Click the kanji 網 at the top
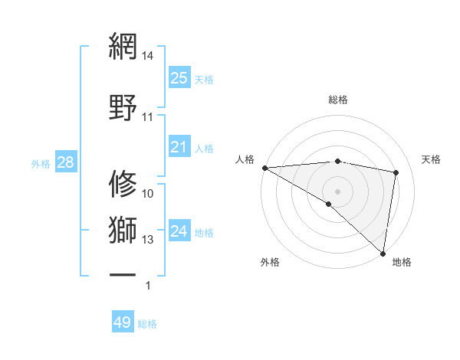pyautogui.click(x=123, y=47)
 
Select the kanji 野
pyautogui.click(x=123, y=106)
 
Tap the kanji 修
pyautogui.click(x=123, y=185)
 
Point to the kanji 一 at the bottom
pyautogui.click(x=123, y=273)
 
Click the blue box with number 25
pyautogui.click(x=179, y=77)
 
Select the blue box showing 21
pyautogui.click(x=179, y=147)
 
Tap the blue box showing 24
pyautogui.click(x=179, y=231)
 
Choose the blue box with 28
pyautogui.click(x=65, y=162)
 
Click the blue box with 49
pyautogui.click(x=123, y=322)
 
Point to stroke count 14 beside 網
pyautogui.click(x=148, y=57)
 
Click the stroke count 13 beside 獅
pyautogui.click(x=148, y=240)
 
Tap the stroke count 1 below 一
pyautogui.click(x=148, y=286)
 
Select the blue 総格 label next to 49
pyautogui.click(x=147, y=324)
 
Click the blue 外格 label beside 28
pyautogui.click(x=41, y=164)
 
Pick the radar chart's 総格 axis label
pyautogui.click(x=337, y=100)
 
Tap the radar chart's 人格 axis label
pyautogui.click(x=245, y=159)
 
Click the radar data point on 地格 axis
pyautogui.click(x=383, y=253)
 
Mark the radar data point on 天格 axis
pyautogui.click(x=396, y=172)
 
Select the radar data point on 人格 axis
pyautogui.click(x=264, y=168)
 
